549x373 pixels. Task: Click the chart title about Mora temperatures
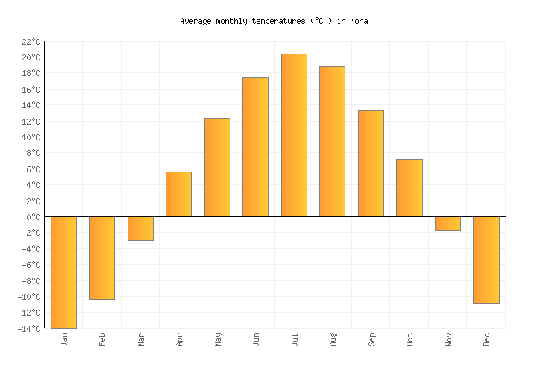coord(274,22)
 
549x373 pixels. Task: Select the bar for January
coord(63,272)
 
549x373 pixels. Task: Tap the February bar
coord(101,258)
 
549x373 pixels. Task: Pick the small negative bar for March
coord(140,228)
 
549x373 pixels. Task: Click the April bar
coord(178,194)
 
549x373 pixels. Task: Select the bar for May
coord(217,167)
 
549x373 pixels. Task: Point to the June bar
coord(255,147)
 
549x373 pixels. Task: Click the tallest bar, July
coord(294,135)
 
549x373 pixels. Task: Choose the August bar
coord(332,142)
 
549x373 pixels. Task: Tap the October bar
coord(409,188)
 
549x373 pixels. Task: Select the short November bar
coord(448,223)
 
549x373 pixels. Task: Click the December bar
coord(486,260)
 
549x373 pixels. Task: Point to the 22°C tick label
coord(31,42)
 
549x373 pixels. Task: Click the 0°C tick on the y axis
coord(33,217)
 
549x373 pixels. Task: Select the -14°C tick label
coord(29,329)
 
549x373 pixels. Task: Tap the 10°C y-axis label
coord(31,137)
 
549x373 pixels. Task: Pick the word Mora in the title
coord(358,22)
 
